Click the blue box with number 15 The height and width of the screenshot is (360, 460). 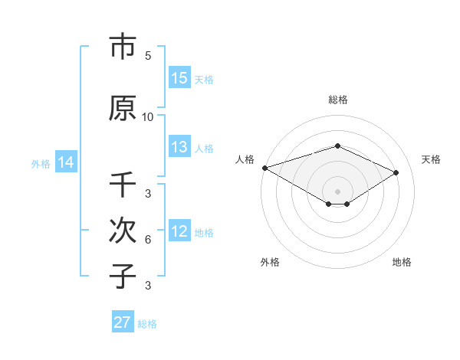tap(179, 78)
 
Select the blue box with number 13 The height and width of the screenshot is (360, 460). tap(179, 148)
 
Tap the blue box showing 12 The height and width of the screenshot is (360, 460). tap(179, 232)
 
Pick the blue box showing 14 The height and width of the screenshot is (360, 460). tap(66, 162)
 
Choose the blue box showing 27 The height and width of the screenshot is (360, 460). tap(123, 322)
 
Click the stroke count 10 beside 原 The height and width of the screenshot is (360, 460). tap(148, 117)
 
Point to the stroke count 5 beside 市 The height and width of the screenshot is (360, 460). tap(148, 56)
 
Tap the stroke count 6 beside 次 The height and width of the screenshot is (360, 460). tap(148, 240)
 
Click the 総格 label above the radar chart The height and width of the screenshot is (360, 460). tap(338, 100)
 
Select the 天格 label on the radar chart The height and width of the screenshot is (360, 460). tap(431, 159)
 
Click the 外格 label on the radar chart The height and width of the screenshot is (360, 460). tap(270, 262)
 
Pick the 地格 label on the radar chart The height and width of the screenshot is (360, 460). tap(402, 262)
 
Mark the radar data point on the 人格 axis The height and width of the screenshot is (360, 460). tap(264, 168)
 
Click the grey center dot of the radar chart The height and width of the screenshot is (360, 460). tap(338, 191)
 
